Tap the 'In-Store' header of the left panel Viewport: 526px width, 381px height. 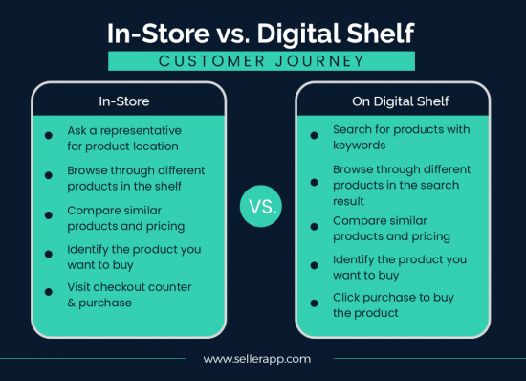coord(129,100)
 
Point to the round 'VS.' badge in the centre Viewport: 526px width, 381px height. coord(261,206)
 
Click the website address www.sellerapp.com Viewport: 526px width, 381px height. coord(258,359)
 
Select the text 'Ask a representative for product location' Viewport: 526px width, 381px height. coord(124,138)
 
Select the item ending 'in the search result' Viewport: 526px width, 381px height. coord(396,185)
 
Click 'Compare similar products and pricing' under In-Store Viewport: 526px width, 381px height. coord(125,218)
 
